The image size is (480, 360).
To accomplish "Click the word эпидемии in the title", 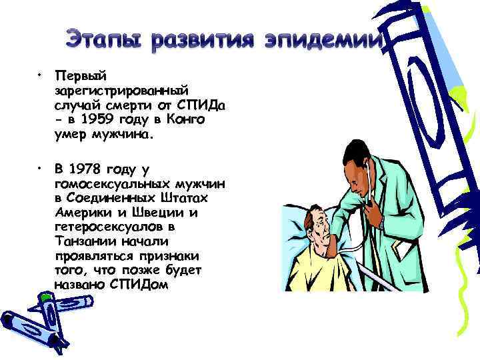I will coord(323,41).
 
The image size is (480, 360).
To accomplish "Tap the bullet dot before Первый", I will coord(41,72).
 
